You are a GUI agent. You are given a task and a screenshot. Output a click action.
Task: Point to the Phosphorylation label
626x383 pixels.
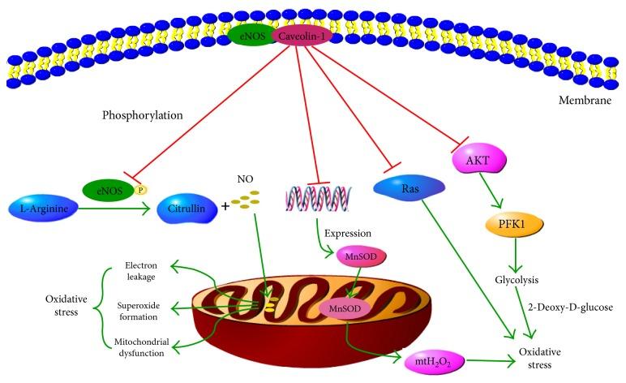click(143, 115)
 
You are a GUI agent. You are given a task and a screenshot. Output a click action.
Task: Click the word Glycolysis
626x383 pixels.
click(514, 280)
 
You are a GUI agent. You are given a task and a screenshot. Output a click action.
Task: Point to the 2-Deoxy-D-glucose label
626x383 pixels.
click(568, 307)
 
